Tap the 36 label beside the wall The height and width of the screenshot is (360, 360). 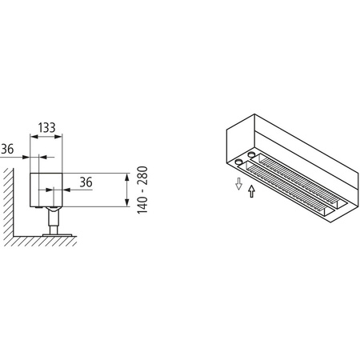point(7,149)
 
